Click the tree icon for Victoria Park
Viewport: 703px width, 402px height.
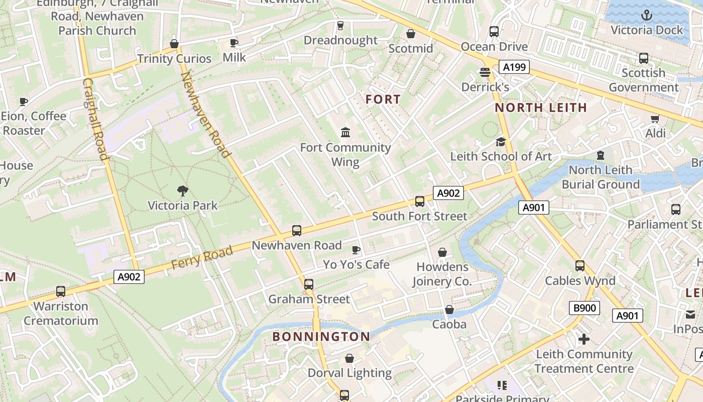point(183,190)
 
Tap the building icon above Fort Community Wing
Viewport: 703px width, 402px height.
point(345,133)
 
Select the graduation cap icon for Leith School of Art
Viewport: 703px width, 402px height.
point(501,142)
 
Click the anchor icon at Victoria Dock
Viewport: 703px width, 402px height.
point(647,16)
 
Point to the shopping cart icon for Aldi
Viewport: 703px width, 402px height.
point(655,119)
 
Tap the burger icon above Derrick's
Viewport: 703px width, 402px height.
point(485,72)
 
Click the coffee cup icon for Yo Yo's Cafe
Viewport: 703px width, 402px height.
point(356,250)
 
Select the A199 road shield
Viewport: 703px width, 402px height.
point(514,67)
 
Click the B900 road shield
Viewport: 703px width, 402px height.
point(584,308)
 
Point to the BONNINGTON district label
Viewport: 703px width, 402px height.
point(321,337)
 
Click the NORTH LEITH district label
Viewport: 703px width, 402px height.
point(541,108)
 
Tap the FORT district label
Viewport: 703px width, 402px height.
point(383,99)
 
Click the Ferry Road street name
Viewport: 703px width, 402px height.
point(202,257)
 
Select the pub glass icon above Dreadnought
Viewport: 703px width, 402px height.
point(340,26)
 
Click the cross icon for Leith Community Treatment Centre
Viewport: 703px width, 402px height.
point(583,340)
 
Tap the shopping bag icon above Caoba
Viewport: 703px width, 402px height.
point(449,310)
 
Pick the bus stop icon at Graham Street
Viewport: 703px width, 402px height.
point(309,284)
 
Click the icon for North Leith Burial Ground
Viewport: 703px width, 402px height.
point(601,155)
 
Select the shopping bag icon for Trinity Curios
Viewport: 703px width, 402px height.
point(174,44)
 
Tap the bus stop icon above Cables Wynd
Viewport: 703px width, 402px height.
point(580,266)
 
